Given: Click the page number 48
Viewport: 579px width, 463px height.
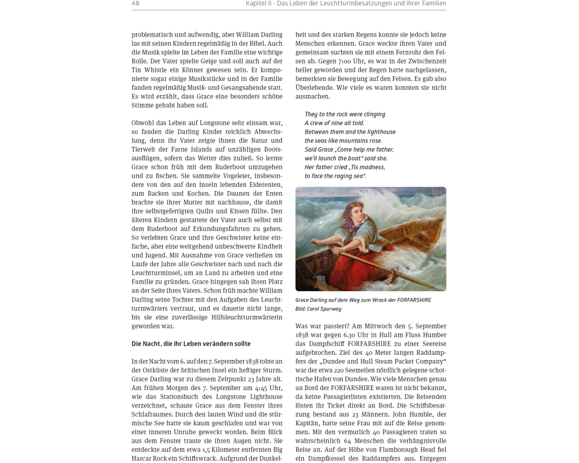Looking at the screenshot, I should (135, 3).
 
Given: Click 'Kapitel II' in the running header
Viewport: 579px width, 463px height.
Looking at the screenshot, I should (259, 3).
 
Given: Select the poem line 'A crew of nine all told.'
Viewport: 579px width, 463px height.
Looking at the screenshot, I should (334, 123).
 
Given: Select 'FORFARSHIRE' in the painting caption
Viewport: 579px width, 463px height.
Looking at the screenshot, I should (412, 300).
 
